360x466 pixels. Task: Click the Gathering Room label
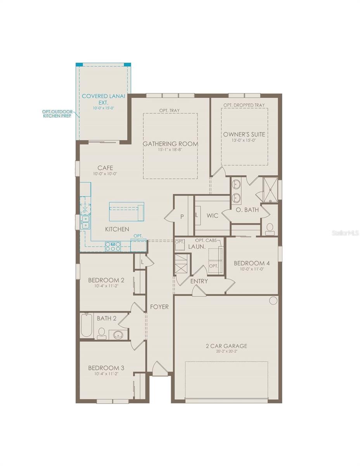coord(170,144)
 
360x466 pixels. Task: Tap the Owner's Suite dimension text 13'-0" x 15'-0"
coord(244,141)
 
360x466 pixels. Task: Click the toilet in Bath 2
coord(102,333)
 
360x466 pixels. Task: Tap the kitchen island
coord(126,211)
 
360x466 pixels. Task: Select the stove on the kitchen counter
coord(113,245)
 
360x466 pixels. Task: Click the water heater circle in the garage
coord(273,300)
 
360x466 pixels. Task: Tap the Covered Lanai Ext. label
coord(103,99)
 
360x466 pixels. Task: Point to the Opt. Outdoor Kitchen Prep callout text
coord(57,114)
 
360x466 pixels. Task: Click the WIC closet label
coord(213,215)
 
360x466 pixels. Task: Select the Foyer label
coord(159,307)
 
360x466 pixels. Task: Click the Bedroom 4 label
coord(252,263)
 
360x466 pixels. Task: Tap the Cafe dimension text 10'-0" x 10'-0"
coord(105,174)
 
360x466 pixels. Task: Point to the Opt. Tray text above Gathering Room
coord(170,111)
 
